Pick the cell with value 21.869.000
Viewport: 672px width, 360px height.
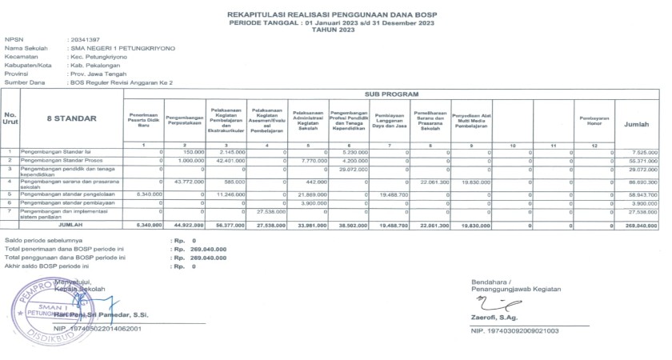pos(314,194)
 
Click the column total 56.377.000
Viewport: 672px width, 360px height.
pos(231,226)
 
